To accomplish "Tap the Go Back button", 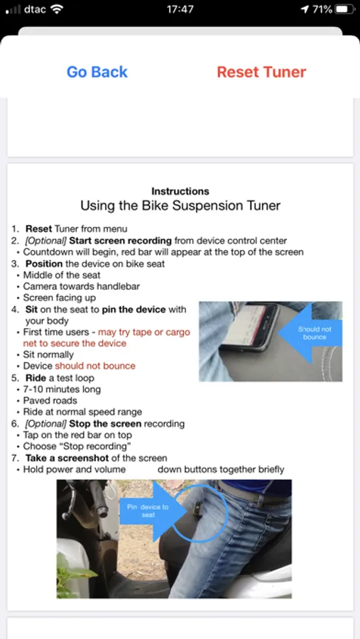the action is [97, 72].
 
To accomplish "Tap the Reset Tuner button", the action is [261, 72].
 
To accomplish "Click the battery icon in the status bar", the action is [345, 9].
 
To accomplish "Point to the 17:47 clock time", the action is [180, 9].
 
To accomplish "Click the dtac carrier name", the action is [35, 9].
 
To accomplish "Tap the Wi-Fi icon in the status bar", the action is [57, 9].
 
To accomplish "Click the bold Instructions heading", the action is [180, 191].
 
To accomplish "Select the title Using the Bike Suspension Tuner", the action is [180, 205].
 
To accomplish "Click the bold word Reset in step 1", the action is [39, 229].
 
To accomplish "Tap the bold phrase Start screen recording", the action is [120, 241].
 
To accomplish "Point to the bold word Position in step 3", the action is [44, 263].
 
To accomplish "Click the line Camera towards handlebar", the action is [81, 287].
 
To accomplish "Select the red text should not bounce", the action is [95, 366].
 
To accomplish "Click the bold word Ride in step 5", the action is [35, 378].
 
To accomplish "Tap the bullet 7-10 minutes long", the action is [62, 389].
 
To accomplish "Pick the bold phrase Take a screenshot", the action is [67, 458].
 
